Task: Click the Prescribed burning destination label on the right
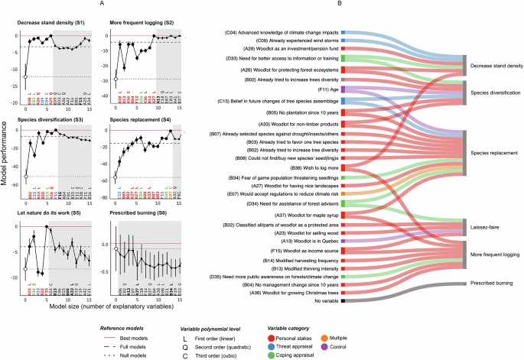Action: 494,283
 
